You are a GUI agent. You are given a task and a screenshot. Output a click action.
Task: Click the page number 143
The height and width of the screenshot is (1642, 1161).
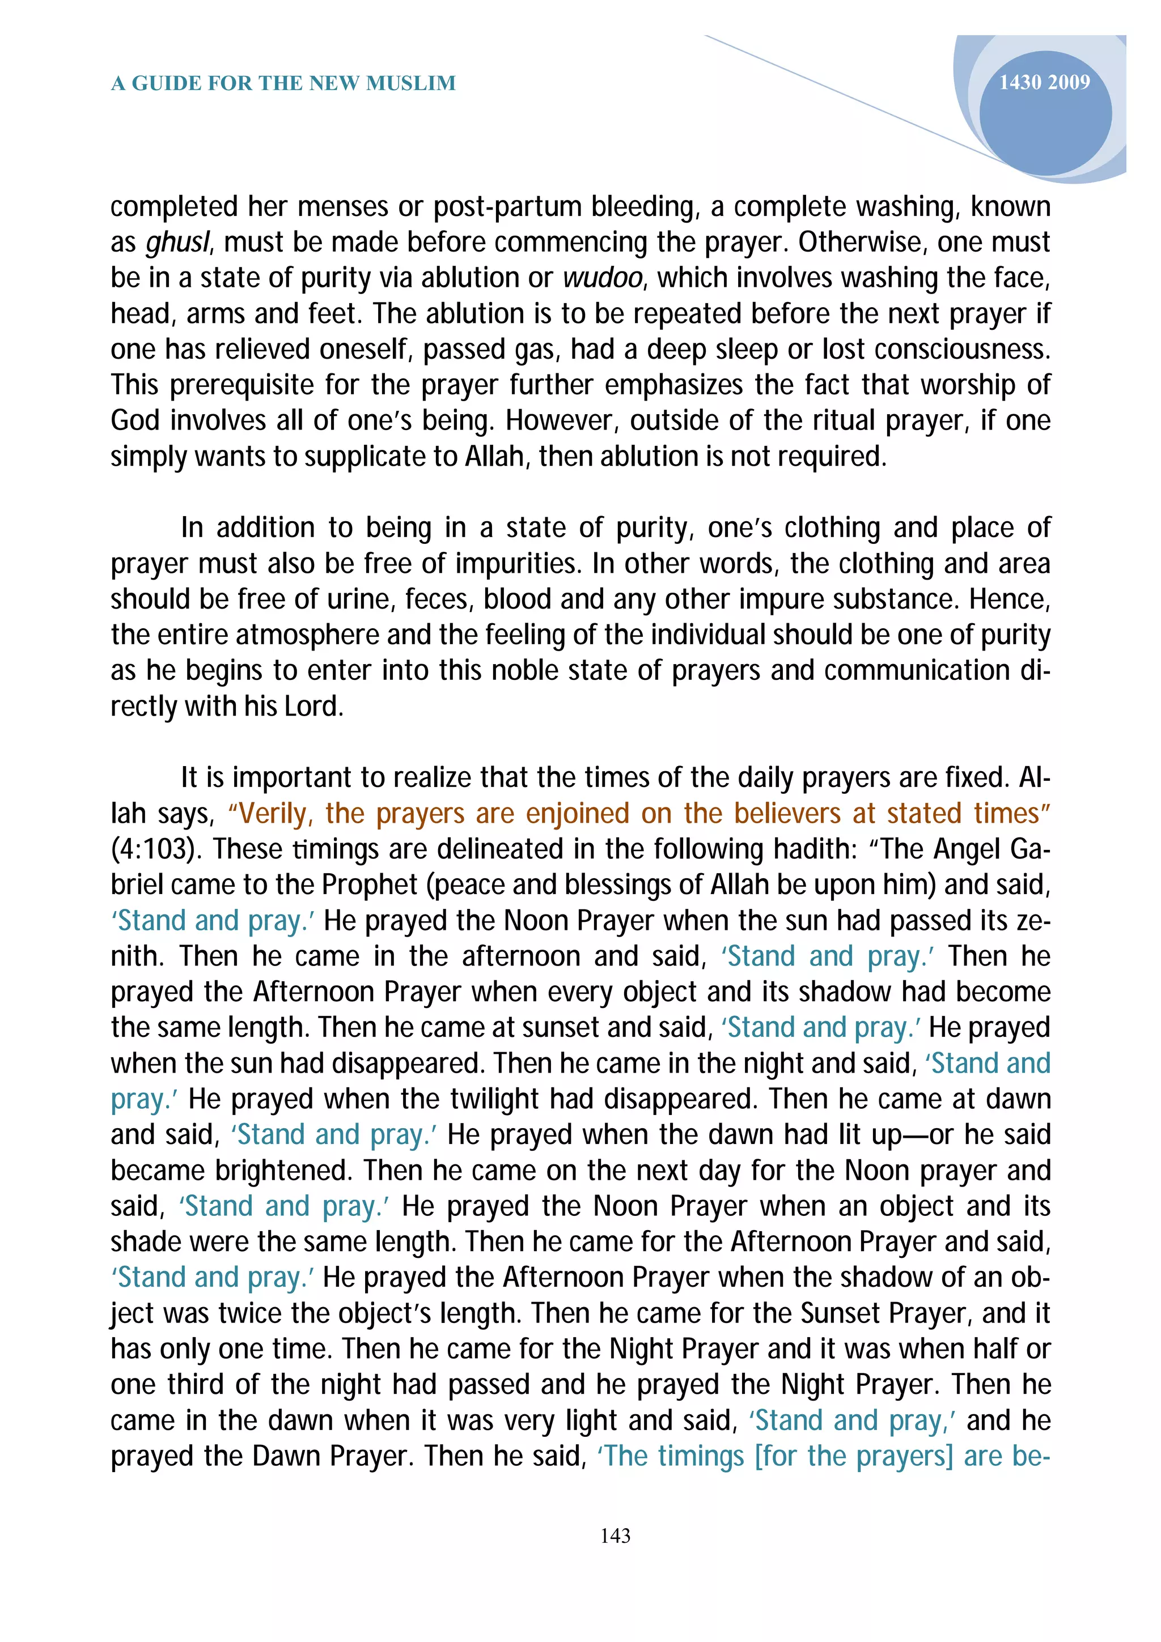pyautogui.click(x=615, y=1535)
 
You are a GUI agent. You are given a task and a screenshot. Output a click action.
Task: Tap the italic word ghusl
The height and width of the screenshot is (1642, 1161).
pyautogui.click(x=177, y=243)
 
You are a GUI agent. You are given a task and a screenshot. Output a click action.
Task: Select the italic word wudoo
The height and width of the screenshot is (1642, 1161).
pyautogui.click(x=603, y=279)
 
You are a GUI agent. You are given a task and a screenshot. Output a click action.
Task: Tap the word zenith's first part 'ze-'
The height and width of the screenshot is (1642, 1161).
pyautogui.click(x=1033, y=921)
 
